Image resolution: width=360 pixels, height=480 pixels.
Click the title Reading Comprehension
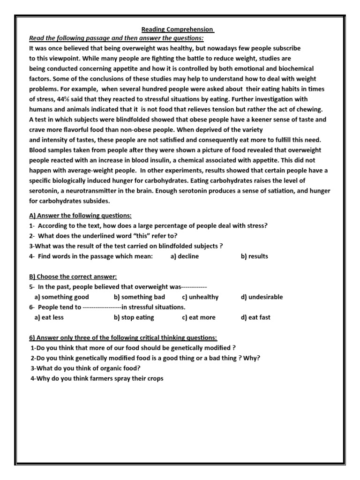tap(178, 30)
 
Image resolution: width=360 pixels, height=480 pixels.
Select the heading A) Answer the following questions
tap(80, 215)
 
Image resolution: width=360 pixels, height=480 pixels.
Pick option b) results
tap(255, 256)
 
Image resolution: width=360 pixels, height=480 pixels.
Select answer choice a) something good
tap(61, 297)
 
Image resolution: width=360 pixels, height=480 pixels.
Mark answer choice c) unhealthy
tap(200, 297)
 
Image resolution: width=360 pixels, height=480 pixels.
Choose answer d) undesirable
tap(262, 297)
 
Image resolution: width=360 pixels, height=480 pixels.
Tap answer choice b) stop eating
tap(134, 317)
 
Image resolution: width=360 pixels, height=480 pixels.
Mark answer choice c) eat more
tap(199, 317)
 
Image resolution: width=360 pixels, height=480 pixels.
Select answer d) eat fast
tap(255, 317)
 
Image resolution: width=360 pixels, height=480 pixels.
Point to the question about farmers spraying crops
tap(97, 378)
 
